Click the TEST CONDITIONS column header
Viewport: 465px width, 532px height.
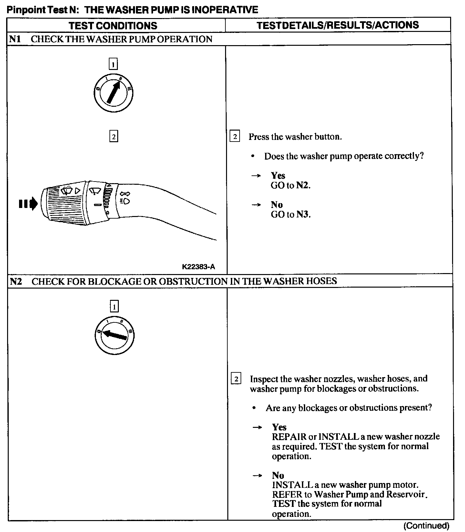pos(113,25)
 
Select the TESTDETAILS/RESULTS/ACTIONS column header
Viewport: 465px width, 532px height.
pos(338,25)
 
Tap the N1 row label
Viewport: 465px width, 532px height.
pos(15,39)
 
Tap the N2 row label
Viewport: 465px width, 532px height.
pos(16,281)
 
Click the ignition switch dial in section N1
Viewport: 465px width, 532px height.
pos(113,93)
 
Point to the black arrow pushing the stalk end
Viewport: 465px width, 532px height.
pos(28,204)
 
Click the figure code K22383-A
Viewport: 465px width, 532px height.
pos(198,267)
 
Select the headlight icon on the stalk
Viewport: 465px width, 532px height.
pos(125,201)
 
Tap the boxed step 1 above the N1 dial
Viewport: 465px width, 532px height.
pos(113,64)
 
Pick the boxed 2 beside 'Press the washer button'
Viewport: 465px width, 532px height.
pos(235,137)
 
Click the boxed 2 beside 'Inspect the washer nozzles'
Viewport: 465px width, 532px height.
pos(236,379)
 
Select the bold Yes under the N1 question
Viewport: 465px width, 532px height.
pos(278,175)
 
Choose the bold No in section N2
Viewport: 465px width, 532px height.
pos(278,475)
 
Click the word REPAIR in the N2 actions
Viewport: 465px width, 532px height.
pos(289,437)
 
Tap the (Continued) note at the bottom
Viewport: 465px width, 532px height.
pos(426,526)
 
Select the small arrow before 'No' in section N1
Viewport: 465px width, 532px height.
pos(256,205)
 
